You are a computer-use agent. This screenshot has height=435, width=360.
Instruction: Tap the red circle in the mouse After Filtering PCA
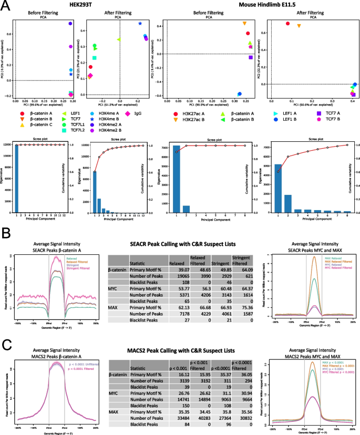pyautogui.click(x=287, y=23)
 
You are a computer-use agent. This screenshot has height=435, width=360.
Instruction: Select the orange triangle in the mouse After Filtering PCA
pyautogui.click(x=299, y=26)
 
